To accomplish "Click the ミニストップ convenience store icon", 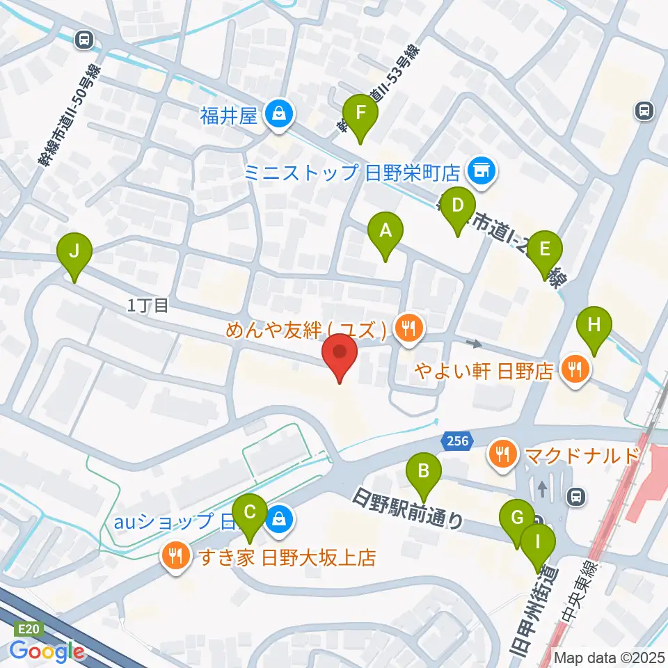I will (479, 169).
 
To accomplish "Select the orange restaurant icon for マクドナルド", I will (501, 456).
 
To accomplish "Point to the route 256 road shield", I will (456, 440).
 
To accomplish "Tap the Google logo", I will (47, 651).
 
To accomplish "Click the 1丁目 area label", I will (148, 305).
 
